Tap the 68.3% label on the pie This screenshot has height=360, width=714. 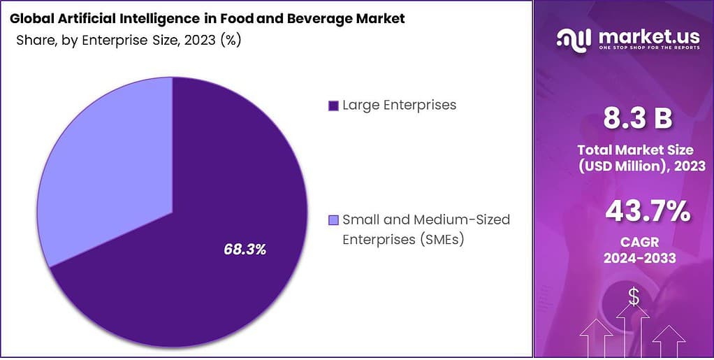(x=245, y=249)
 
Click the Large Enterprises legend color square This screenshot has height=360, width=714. (x=333, y=106)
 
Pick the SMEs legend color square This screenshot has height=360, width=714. (x=333, y=221)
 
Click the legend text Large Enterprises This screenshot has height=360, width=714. (x=399, y=106)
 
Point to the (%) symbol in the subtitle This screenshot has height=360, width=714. (x=231, y=40)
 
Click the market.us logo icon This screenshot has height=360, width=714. (x=573, y=41)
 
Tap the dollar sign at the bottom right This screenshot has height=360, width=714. (x=634, y=298)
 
